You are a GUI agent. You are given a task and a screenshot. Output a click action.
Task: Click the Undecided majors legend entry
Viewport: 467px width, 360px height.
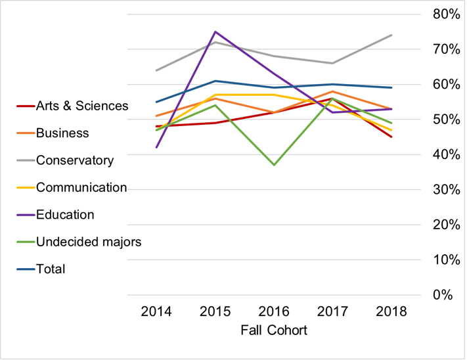(x=89, y=242)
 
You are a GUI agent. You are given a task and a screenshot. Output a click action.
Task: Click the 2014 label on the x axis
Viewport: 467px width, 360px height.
(x=156, y=311)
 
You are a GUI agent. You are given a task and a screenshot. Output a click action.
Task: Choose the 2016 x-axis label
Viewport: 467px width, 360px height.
(x=274, y=311)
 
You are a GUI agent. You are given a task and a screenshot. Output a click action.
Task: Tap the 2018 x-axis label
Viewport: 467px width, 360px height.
(x=392, y=311)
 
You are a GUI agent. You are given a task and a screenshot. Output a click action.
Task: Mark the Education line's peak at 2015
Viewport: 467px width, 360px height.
(x=215, y=32)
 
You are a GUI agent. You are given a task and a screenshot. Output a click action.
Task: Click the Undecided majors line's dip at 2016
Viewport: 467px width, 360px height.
(x=274, y=164)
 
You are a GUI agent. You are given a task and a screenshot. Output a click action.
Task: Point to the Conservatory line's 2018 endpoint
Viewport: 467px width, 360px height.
(x=392, y=35)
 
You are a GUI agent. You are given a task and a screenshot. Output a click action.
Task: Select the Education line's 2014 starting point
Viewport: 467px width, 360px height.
(x=156, y=147)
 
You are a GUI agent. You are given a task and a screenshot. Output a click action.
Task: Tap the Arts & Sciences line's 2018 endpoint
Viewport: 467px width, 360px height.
(x=392, y=137)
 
